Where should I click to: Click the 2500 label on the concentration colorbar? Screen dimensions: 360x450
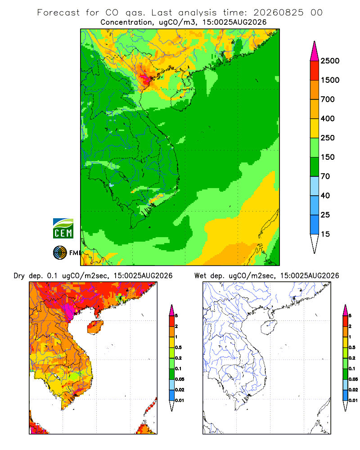pyautogui.click(x=330, y=61)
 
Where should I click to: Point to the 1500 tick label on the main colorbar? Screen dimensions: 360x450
pyautogui.click(x=330, y=80)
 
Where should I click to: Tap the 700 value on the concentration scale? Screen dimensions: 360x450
pyautogui.click(x=328, y=99)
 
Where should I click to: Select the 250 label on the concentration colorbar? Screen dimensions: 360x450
pyautogui.click(x=328, y=138)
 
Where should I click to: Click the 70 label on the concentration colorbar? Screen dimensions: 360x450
pyautogui.click(x=325, y=176)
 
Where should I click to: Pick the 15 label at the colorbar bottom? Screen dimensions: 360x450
pyautogui.click(x=325, y=234)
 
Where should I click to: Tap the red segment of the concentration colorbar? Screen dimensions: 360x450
pyautogui.click(x=315, y=70)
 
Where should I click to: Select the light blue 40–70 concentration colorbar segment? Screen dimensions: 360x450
pyautogui.click(x=315, y=186)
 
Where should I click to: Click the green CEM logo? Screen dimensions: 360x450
pyautogui.click(x=63, y=229)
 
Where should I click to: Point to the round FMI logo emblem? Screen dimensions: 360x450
pyautogui.click(x=60, y=253)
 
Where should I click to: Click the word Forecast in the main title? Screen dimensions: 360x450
pyautogui.click(x=58, y=13)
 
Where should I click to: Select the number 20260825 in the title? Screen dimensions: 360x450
pyautogui.click(x=278, y=13)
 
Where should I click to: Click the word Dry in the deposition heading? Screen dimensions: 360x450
pyautogui.click(x=19, y=276)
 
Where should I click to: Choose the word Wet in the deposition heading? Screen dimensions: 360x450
pyautogui.click(x=200, y=276)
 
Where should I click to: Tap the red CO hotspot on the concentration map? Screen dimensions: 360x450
pyautogui.click(x=145, y=78)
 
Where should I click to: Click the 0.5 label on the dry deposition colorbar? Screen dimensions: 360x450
pyautogui.click(x=178, y=347)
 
